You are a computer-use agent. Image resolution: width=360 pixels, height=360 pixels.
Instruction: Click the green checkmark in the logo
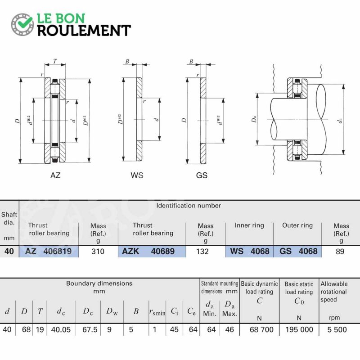pos(25,22)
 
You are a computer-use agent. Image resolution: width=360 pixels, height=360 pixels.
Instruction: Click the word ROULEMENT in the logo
pos(84,31)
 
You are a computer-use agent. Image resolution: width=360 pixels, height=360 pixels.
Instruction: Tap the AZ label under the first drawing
pos(55,175)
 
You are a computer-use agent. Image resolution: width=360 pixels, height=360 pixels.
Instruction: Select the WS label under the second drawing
pos(137,175)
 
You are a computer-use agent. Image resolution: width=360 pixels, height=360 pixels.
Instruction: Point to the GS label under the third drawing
pos(202,175)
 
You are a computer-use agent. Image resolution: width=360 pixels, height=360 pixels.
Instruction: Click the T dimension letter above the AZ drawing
pos(55,61)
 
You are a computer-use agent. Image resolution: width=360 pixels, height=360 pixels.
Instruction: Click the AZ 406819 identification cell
pos(49,251)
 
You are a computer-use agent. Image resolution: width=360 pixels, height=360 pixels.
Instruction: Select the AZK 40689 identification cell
pos(152,251)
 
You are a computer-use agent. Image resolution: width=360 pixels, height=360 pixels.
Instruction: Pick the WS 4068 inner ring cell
pos(249,251)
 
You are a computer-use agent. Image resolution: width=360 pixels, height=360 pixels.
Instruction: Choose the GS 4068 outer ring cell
pos(297,251)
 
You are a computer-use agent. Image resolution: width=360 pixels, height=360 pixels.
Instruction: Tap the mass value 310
pos(98,252)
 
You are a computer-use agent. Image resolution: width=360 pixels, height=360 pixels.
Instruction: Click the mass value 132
pos(202,252)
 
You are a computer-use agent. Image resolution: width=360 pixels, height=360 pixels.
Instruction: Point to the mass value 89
pos(340,252)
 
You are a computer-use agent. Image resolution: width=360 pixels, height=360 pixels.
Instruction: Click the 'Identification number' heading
pos(189,206)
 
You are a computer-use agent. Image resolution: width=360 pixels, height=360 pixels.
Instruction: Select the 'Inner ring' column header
pos(249,225)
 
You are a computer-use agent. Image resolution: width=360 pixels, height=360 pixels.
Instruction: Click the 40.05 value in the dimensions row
pos(61,330)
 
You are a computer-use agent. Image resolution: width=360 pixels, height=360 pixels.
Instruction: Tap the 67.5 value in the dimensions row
pos(90,330)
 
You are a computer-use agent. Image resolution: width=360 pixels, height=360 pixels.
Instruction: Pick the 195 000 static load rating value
pos(299,330)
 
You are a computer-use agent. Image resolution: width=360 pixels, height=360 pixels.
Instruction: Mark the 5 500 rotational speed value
pos(337,330)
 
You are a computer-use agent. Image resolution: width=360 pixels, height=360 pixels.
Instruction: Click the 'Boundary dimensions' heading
pos(99,283)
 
